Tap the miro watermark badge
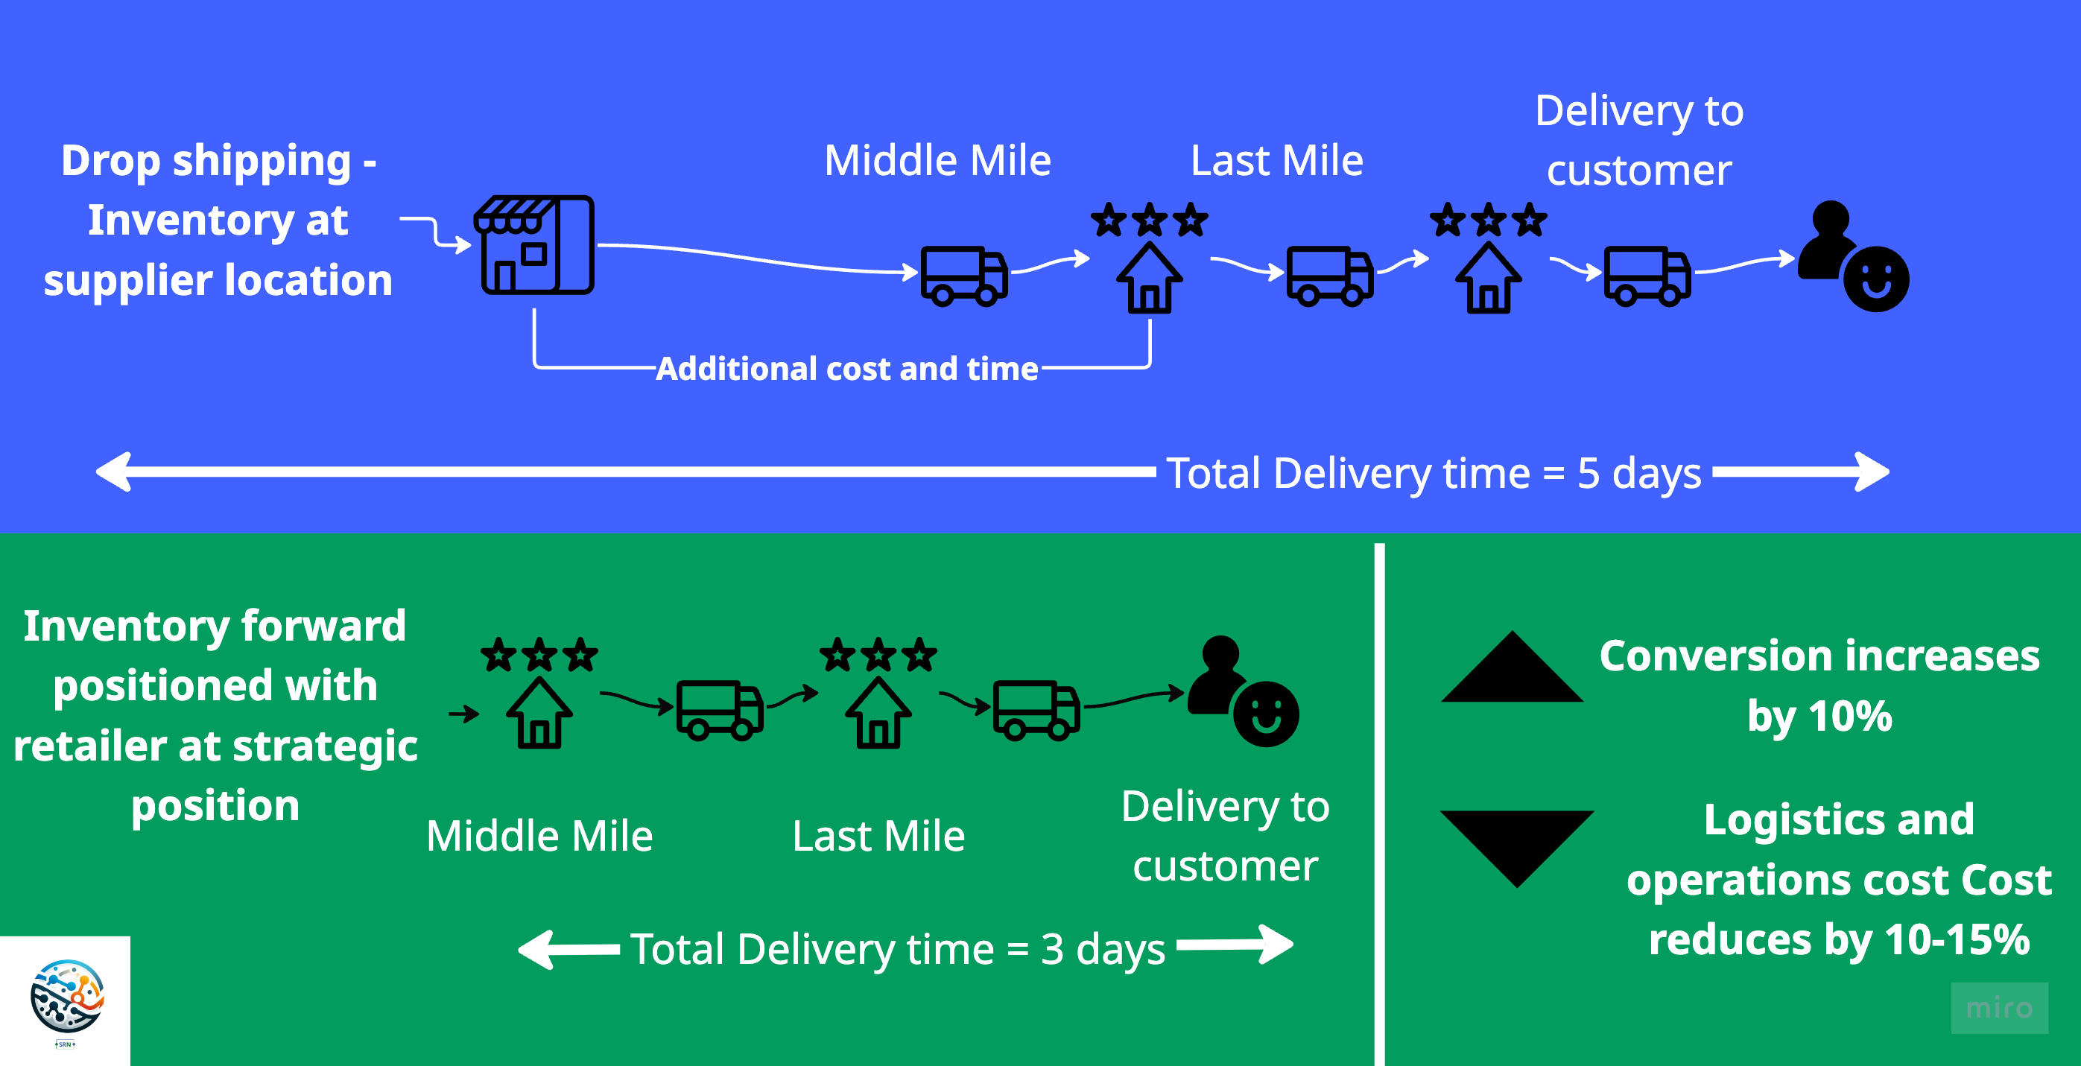click(1998, 1007)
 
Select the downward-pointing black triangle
click(1516, 845)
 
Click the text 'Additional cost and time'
click(846, 369)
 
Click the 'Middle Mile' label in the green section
click(539, 836)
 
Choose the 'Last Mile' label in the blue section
click(1276, 161)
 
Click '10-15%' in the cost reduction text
click(1957, 940)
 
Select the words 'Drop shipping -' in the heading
click(218, 161)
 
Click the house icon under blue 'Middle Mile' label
click(1149, 278)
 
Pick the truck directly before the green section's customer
click(1036, 710)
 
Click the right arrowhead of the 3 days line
click(1277, 945)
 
